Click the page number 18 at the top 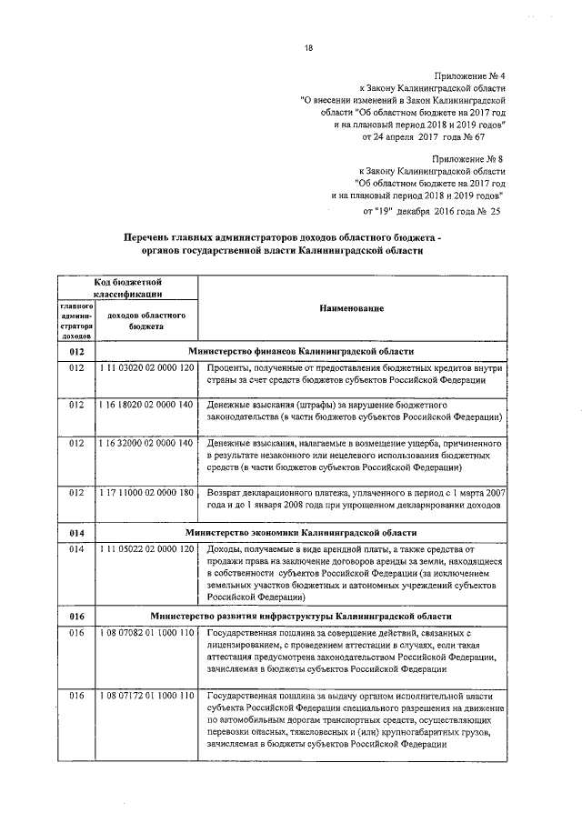tap(308, 51)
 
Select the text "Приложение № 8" tap(469, 157)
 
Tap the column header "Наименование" tap(351, 309)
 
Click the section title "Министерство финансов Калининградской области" tap(301, 350)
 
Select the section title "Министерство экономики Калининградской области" tap(301, 532)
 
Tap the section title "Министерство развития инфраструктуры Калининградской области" tap(301, 617)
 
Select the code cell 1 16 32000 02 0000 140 tap(146, 443)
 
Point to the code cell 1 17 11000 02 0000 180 tap(146, 492)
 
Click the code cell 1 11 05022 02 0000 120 tap(146, 549)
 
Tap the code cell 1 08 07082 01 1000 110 tap(146, 633)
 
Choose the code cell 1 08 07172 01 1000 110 tap(146, 696)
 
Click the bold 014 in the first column tap(76, 532)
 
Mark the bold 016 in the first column tap(76, 617)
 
